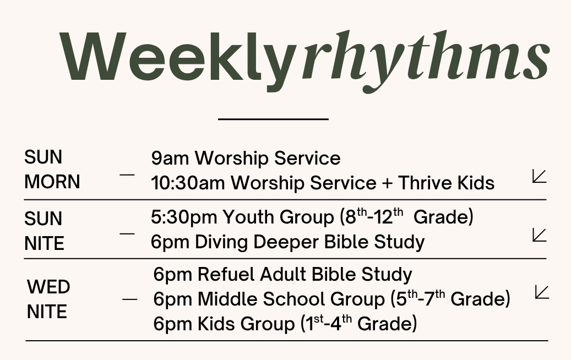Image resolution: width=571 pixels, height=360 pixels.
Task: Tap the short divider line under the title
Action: tap(273, 119)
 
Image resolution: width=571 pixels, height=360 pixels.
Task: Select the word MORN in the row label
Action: tap(52, 182)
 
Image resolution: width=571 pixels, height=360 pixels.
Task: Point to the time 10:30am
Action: tap(188, 183)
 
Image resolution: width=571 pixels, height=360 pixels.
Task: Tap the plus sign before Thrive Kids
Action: tap(387, 183)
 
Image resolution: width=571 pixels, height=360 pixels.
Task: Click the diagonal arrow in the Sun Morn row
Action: tap(539, 176)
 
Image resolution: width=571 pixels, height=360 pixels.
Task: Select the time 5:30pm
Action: tap(184, 217)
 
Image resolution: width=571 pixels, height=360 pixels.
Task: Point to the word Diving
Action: tap(221, 242)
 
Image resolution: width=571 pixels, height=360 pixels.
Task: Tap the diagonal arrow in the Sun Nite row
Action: tap(539, 235)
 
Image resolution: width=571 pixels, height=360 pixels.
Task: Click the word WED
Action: tap(48, 287)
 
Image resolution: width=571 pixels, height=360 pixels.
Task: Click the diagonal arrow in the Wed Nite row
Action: tap(542, 292)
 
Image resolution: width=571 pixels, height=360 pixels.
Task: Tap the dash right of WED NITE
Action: tap(129, 299)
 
